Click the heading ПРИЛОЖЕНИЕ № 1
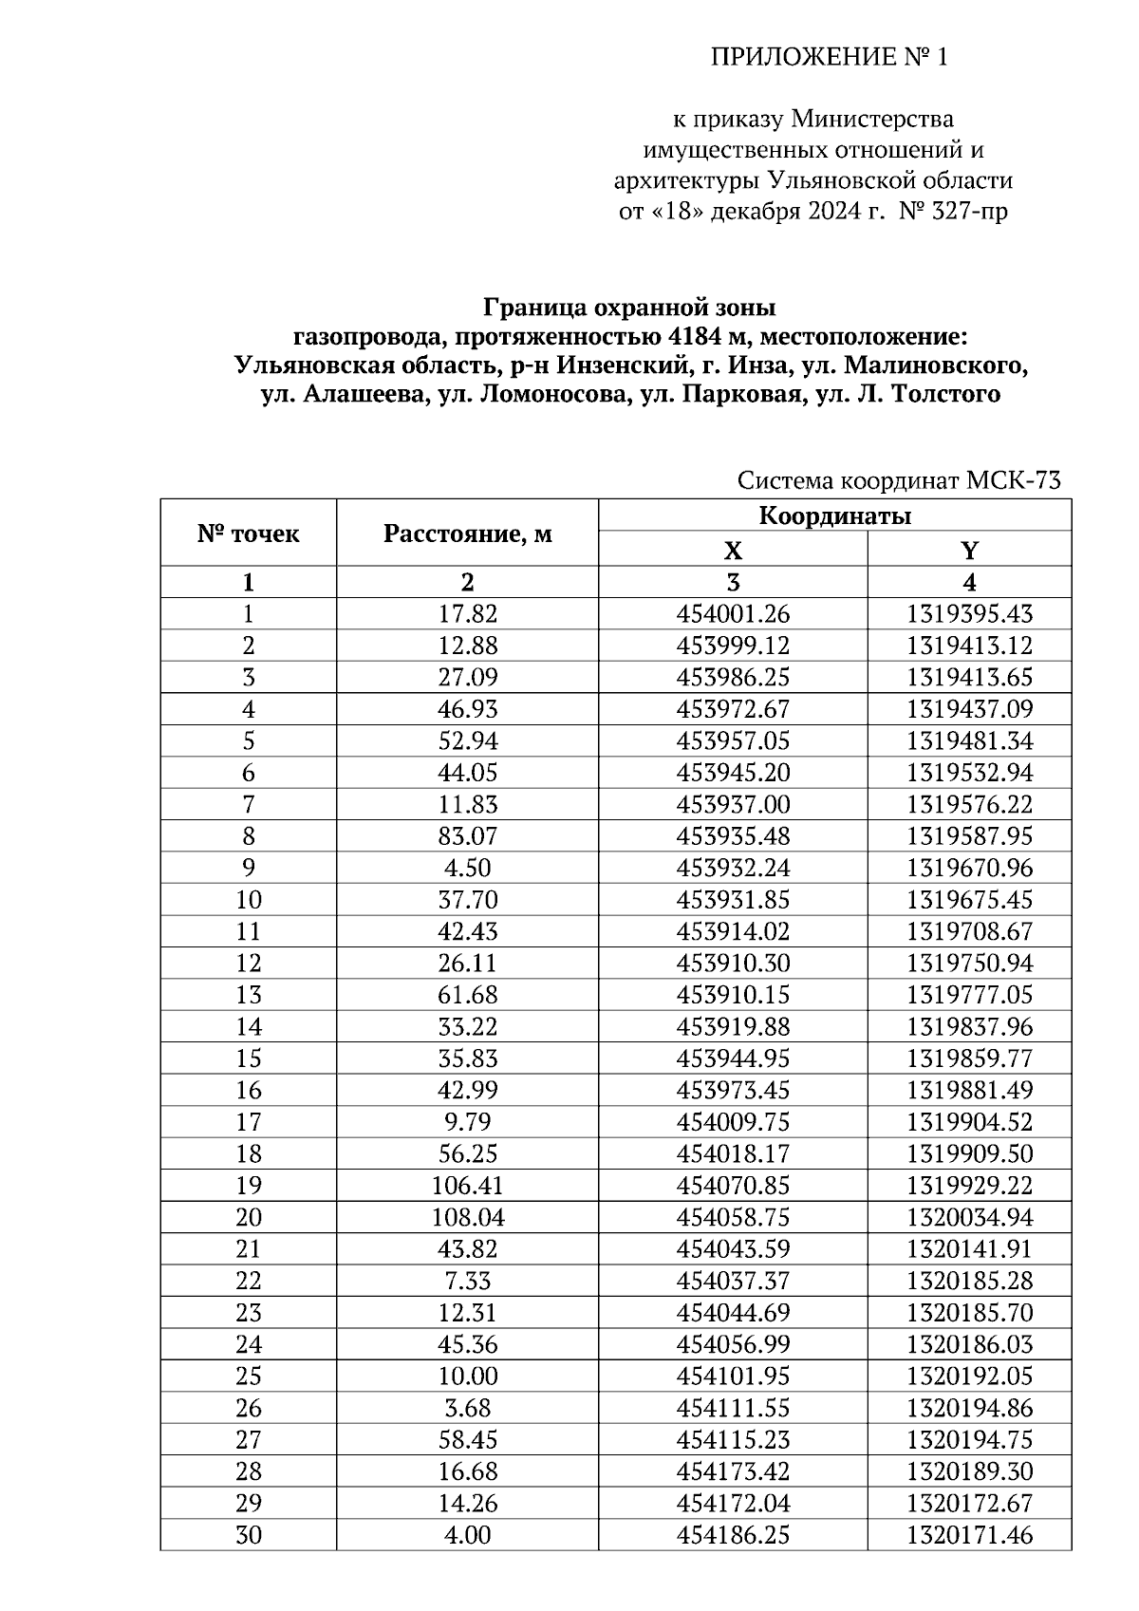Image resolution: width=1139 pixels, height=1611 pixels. coord(830,59)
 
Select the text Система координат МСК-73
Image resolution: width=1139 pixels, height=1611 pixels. coord(898,481)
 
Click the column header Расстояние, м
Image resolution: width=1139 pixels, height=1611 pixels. coord(467,534)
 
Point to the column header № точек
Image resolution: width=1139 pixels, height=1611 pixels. coord(248,534)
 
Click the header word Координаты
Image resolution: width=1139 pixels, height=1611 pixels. coord(834,516)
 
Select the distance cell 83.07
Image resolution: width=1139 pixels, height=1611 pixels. coord(467,836)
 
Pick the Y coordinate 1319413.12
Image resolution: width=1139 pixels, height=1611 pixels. coord(969,646)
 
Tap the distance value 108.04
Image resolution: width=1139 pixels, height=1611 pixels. coord(467,1217)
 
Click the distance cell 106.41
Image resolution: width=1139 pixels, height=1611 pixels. coord(467,1186)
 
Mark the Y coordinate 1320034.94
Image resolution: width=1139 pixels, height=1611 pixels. coord(969,1217)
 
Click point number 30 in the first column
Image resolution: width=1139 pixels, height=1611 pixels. coord(248,1535)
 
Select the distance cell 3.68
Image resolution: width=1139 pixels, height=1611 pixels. coord(467,1408)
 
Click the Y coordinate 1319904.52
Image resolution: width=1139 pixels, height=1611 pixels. coord(969,1122)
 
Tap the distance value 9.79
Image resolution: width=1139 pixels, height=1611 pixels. coord(467,1122)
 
